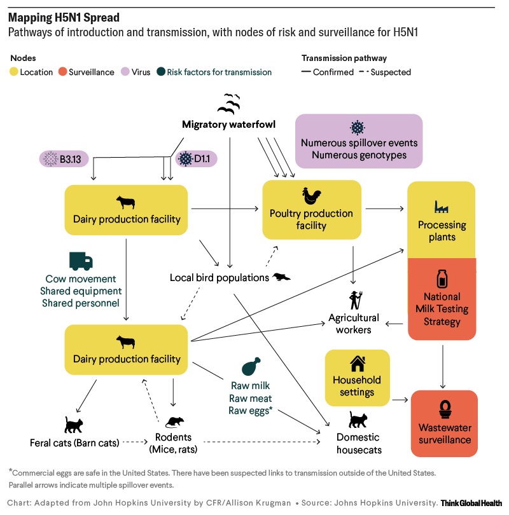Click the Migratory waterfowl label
click(228, 125)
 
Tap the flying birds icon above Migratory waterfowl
click(229, 103)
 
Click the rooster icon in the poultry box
click(312, 196)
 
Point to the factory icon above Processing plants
click(442, 206)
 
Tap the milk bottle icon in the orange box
click(442, 278)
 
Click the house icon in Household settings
click(357, 364)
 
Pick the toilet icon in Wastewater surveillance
click(445, 407)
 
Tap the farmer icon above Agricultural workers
click(354, 299)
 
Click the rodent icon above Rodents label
click(174, 422)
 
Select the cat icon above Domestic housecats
click(358, 420)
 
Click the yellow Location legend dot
click(15, 72)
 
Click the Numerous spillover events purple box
click(359, 141)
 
